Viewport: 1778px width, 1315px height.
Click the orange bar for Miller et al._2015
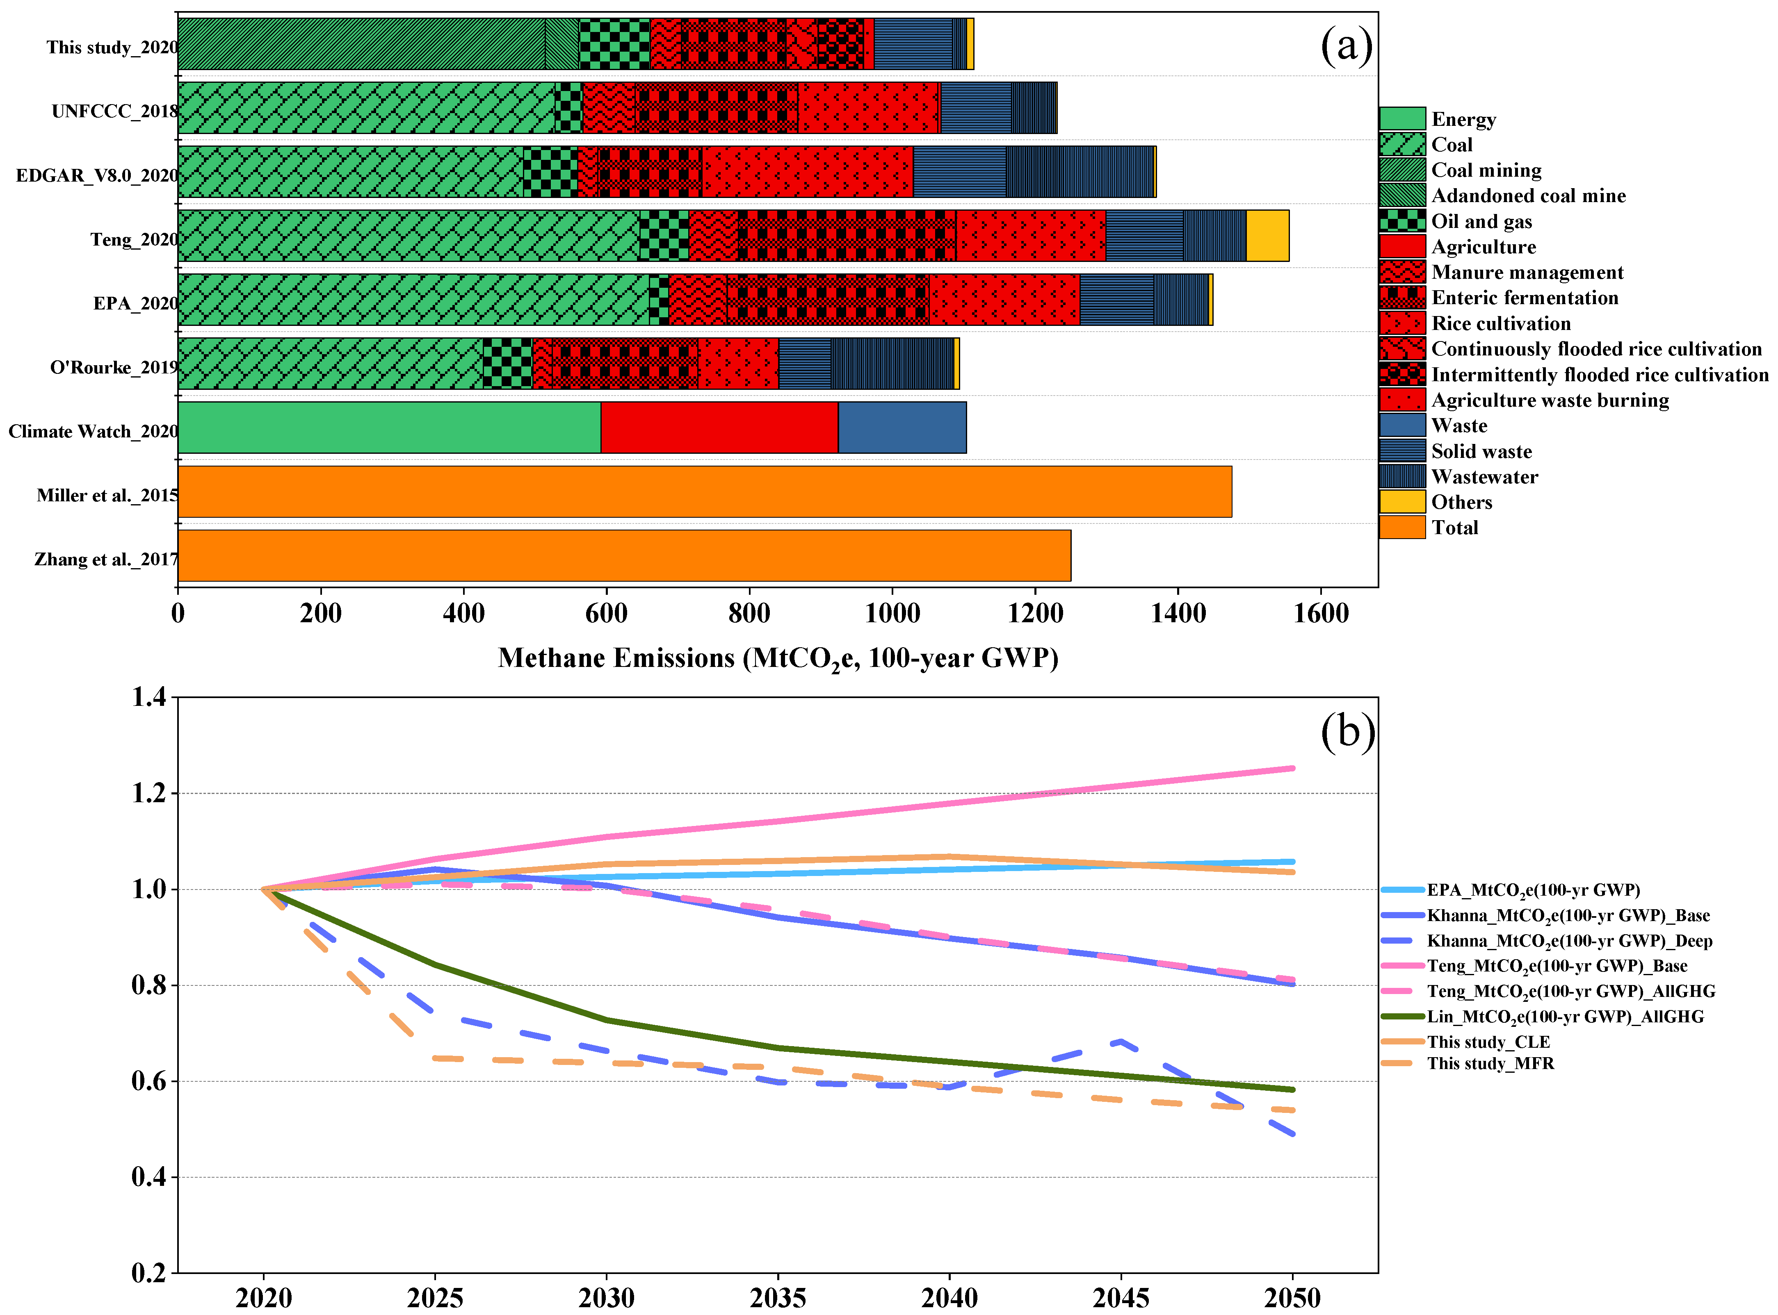coord(705,491)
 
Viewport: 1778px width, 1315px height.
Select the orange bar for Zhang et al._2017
coord(624,555)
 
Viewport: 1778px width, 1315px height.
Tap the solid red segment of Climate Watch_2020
coord(719,428)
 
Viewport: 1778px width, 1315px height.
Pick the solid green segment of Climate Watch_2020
coord(389,428)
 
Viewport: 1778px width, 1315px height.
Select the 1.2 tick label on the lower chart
coord(150,793)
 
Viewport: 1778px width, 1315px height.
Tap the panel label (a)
coord(1347,46)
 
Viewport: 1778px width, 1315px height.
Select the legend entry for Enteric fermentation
coord(1499,298)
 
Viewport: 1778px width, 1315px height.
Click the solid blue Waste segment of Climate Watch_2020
coord(902,428)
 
